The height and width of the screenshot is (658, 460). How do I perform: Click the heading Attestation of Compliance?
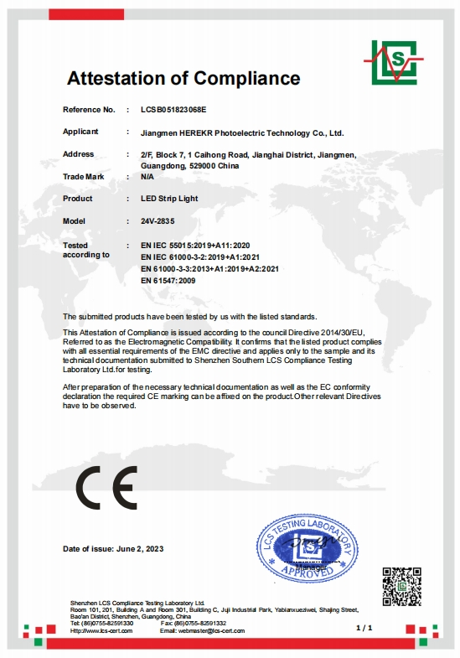[183, 79]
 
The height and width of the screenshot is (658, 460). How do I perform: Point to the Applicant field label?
[80, 132]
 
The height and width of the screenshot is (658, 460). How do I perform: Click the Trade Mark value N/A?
[147, 177]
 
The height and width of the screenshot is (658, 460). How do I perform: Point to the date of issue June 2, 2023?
[113, 548]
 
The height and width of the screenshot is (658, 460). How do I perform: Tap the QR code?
[401, 588]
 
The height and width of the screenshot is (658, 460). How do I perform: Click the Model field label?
[75, 220]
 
